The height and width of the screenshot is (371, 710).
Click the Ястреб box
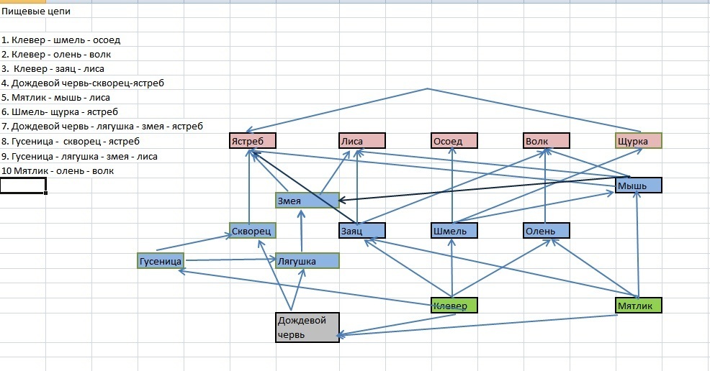pyautogui.click(x=253, y=141)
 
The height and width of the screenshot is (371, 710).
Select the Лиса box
pyautogui.click(x=362, y=141)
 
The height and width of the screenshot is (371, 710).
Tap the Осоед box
pyautogui.click(x=454, y=141)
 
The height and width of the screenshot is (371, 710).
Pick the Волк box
pyautogui.click(x=547, y=141)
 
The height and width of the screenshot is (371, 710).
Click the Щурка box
pyautogui.click(x=638, y=141)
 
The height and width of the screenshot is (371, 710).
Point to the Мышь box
pyautogui.click(x=638, y=185)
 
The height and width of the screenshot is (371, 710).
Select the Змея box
pyautogui.click(x=307, y=201)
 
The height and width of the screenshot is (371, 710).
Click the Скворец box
pyautogui.click(x=253, y=231)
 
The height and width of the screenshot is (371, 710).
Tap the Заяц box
pyautogui.click(x=362, y=231)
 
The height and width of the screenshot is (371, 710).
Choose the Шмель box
pyautogui.click(x=454, y=231)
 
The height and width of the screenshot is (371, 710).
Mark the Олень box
pyautogui.click(x=547, y=231)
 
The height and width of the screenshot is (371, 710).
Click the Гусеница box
pyautogui.click(x=161, y=260)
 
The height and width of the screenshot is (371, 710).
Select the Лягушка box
pyautogui.click(x=307, y=261)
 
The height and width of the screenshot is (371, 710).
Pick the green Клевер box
pyautogui.click(x=454, y=306)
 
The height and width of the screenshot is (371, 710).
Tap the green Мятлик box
pyautogui.click(x=638, y=306)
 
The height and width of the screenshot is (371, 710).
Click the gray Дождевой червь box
pyautogui.click(x=307, y=327)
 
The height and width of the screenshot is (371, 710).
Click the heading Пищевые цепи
pyautogui.click(x=36, y=12)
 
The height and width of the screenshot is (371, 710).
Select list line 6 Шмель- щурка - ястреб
pyautogui.click(x=60, y=111)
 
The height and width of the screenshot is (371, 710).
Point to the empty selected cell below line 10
pyautogui.click(x=23, y=185)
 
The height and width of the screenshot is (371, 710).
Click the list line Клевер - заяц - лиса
pyautogui.click(x=54, y=69)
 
